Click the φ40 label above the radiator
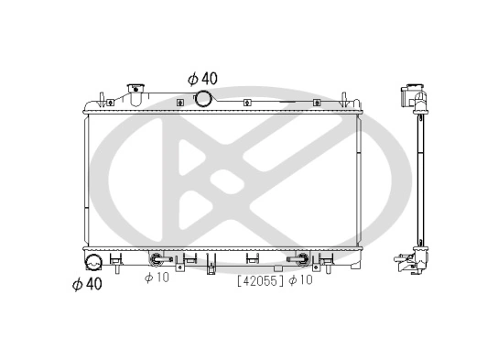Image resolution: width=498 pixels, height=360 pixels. coord(202,78)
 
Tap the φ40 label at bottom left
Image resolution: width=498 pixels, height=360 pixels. coord(87,283)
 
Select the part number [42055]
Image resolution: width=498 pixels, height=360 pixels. coord(261,279)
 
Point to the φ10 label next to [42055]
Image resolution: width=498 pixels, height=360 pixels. coord(300,279)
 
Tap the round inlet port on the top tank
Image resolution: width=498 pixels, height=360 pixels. coord(202,99)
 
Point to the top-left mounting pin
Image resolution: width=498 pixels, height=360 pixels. coord(97,97)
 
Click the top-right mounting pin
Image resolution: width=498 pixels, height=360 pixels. coord(344,97)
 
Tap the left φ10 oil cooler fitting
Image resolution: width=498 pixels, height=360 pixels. coord(157,259)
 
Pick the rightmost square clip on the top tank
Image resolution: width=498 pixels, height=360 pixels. coord(314,103)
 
